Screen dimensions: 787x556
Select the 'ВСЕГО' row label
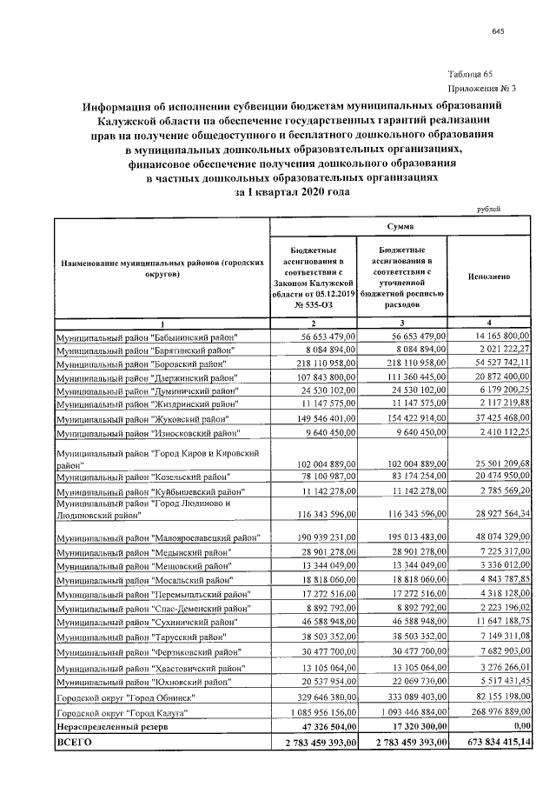(73, 744)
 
